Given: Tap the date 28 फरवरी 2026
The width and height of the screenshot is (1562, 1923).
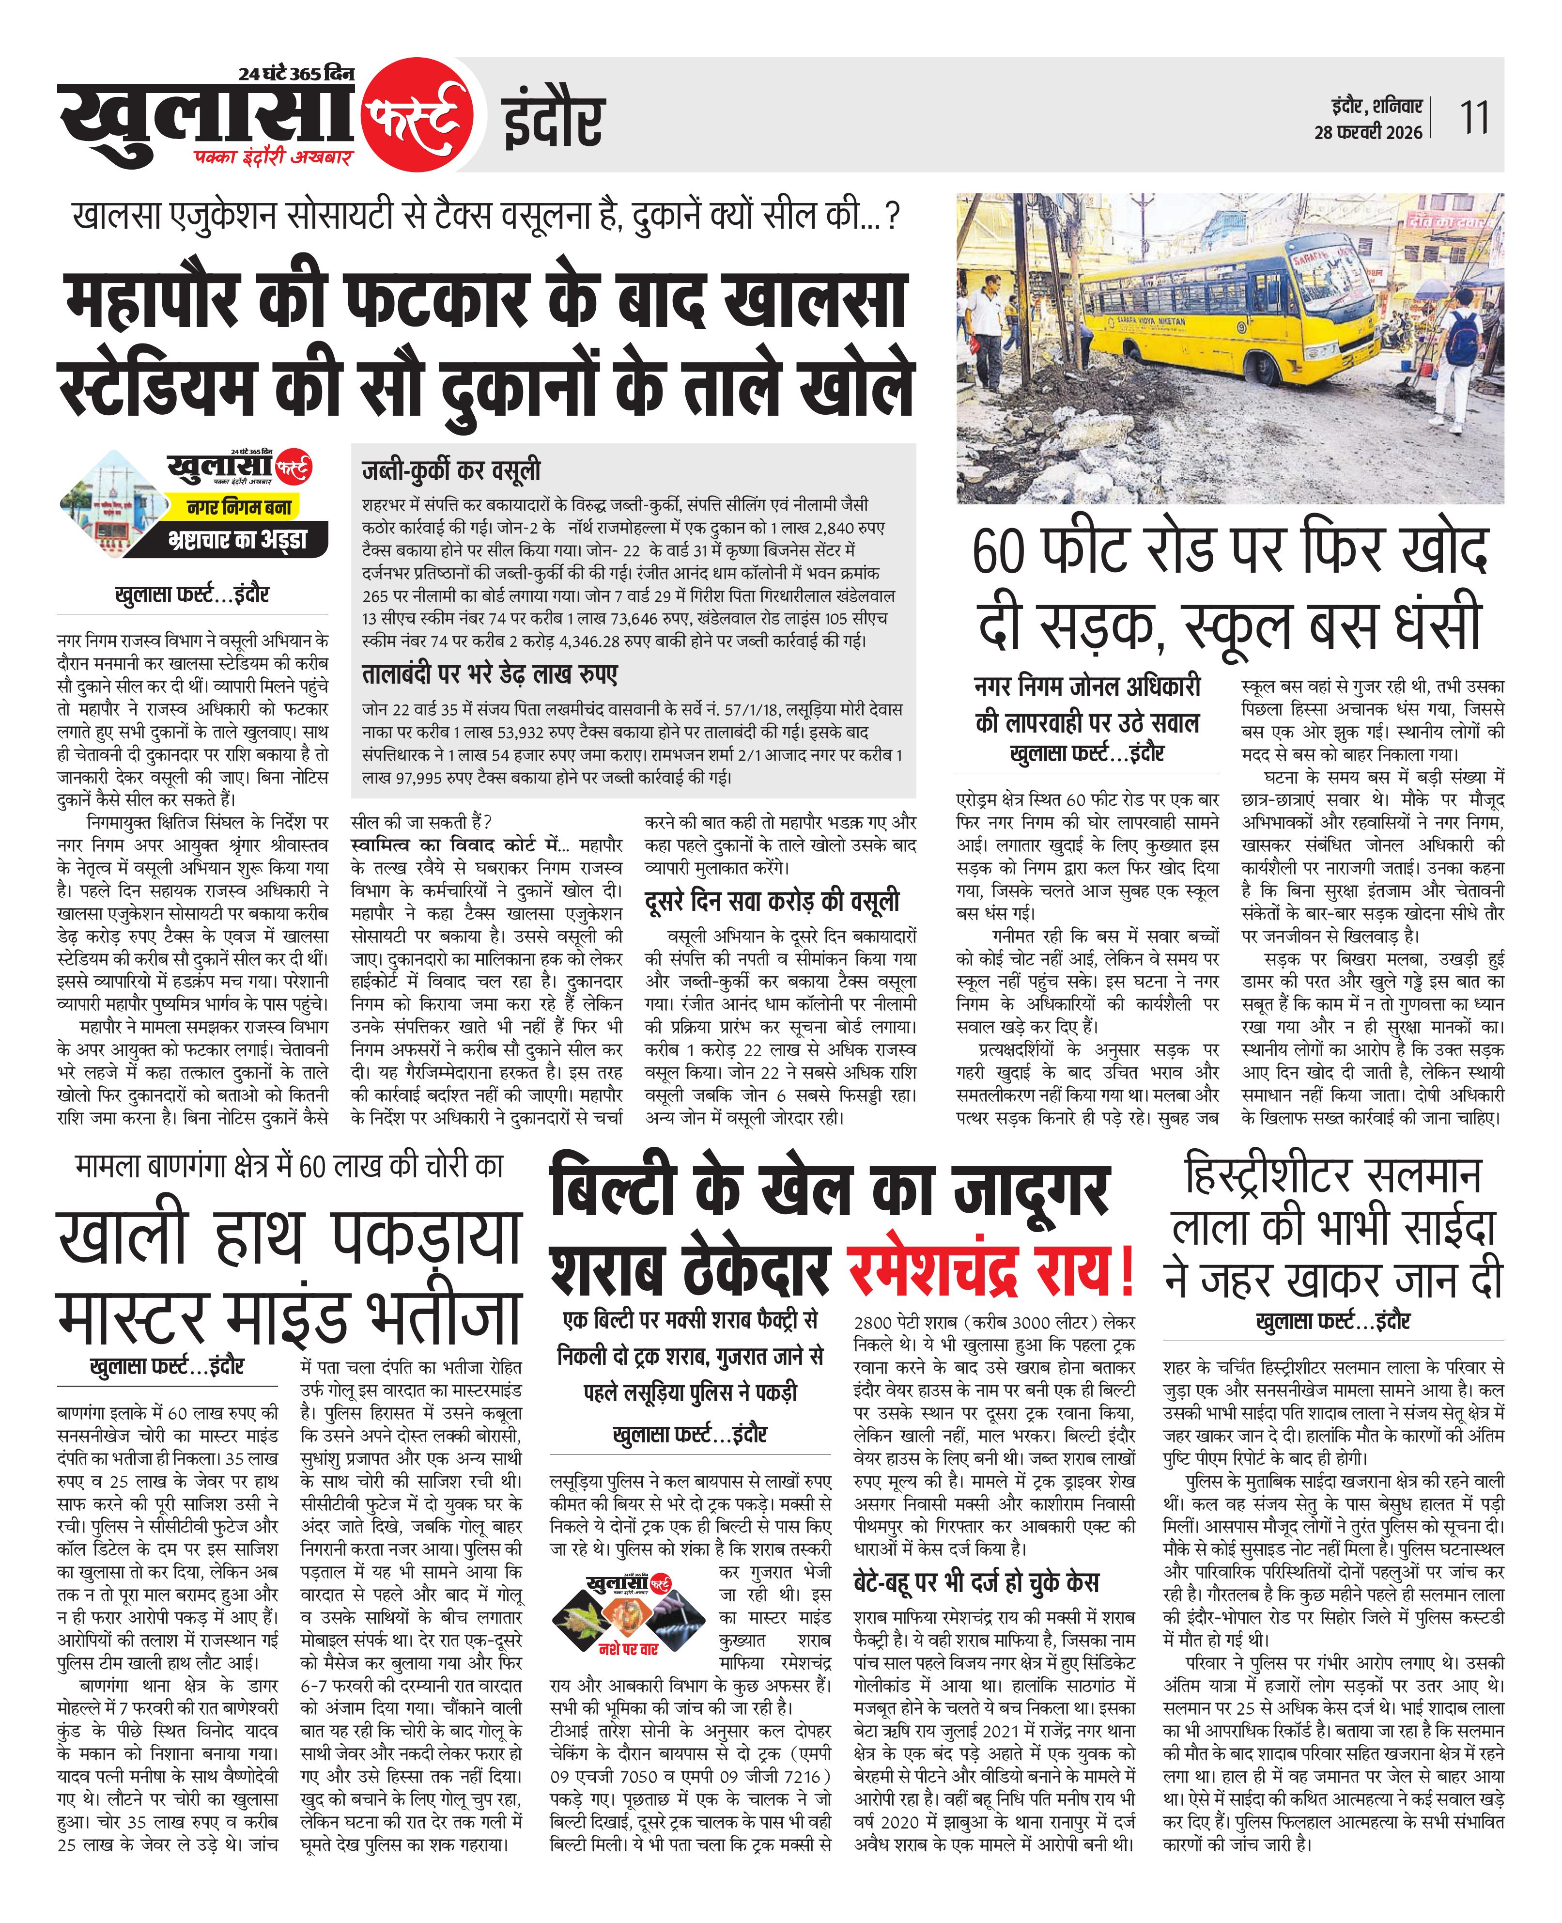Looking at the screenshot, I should click(x=1368, y=132).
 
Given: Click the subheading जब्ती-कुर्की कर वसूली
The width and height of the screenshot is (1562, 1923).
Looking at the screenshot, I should click(x=451, y=470).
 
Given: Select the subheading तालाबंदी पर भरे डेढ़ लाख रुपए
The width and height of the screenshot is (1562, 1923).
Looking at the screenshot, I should click(x=490, y=675).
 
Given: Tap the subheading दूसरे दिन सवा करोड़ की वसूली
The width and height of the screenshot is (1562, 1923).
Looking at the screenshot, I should click(x=772, y=902).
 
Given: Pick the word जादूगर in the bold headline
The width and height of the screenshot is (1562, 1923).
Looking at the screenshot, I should click(x=1030, y=1190).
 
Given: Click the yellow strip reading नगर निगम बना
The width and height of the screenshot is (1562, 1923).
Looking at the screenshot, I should click(x=238, y=508).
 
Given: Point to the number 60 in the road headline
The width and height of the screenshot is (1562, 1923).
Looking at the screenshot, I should click(x=999, y=552).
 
